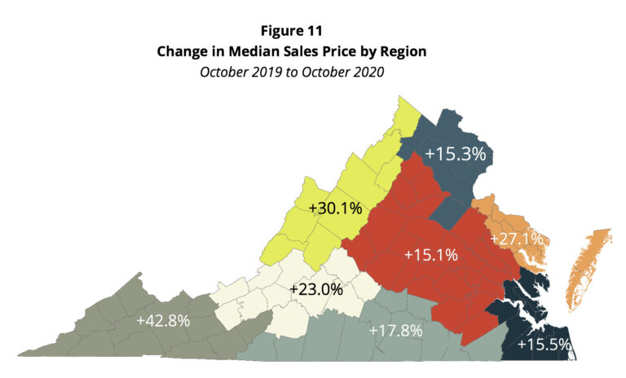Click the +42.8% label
164,320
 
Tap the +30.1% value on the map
336,209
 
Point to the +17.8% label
395,331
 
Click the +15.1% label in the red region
431,255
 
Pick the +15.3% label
455,153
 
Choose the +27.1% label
517,240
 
